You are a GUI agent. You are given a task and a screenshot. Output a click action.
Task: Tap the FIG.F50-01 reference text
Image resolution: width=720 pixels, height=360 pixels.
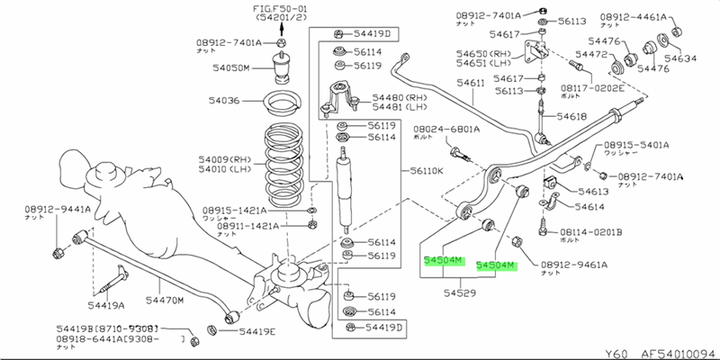280,9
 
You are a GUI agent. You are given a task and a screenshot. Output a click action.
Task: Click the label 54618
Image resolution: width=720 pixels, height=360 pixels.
571,117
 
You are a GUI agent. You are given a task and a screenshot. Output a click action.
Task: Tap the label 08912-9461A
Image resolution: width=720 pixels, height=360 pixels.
574,265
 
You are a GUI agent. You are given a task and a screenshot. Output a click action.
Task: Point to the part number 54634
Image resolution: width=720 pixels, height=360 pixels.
681,59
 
